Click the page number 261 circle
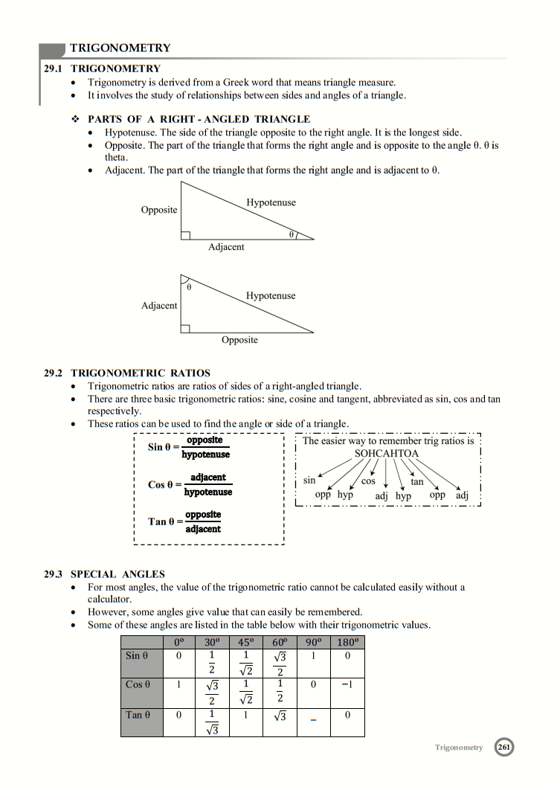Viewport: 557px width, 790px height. pyautogui.click(x=504, y=747)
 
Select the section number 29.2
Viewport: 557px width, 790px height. pyautogui.click(x=54, y=373)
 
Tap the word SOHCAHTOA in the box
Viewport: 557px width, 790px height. pyautogui.click(x=386, y=454)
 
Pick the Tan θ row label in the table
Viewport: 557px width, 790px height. pyautogui.click(x=138, y=715)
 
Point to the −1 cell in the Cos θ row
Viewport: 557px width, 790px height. pyautogui.click(x=347, y=684)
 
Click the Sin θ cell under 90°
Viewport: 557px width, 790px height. pyautogui.click(x=314, y=655)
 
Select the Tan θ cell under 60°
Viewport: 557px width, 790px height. pyautogui.click(x=280, y=716)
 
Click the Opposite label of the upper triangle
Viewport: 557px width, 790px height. pyautogui.click(x=159, y=210)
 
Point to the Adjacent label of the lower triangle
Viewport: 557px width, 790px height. pyautogui.click(x=159, y=306)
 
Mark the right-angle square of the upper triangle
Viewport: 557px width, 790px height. pyautogui.click(x=185, y=235)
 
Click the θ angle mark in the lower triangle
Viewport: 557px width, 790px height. pyautogui.click(x=188, y=286)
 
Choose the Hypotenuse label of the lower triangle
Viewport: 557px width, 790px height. pyautogui.click(x=271, y=296)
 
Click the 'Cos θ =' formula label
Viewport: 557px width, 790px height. pyautogui.click(x=164, y=484)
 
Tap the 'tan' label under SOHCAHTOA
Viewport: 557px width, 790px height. pyautogui.click(x=417, y=482)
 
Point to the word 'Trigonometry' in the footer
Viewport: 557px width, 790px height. pyautogui.click(x=459, y=748)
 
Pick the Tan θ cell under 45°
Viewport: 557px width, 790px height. pyautogui.click(x=245, y=715)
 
